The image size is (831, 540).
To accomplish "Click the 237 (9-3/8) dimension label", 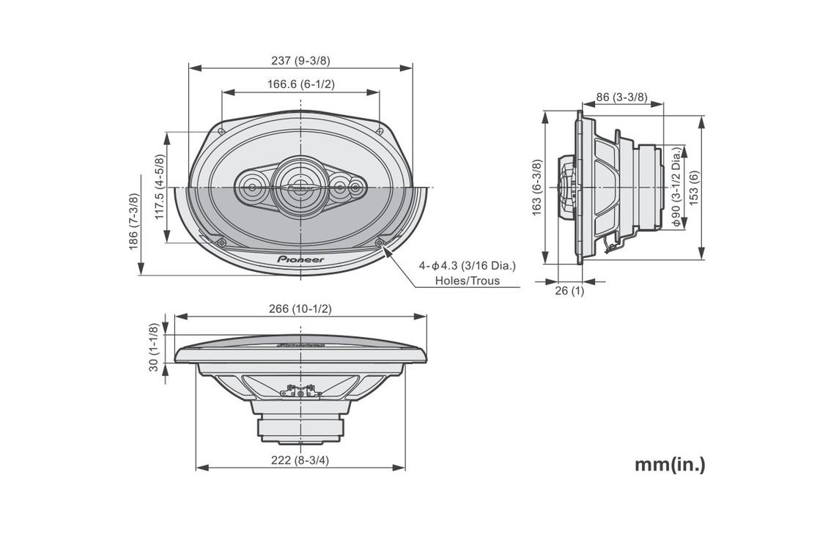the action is pos(300,60).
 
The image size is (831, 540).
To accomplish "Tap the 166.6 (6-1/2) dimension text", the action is pos(300,84).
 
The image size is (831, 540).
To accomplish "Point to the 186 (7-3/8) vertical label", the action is pos(133,221).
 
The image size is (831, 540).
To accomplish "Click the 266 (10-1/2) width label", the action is pos(300,308).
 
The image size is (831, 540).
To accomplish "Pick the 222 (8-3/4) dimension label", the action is pos(300,460).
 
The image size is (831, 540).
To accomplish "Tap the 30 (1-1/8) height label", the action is pos(154,347).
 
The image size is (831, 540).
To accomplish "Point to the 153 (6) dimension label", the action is pos(694,188).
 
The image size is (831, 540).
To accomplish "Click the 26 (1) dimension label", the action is pos(569,290).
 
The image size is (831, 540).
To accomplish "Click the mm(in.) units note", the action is pos(671,465).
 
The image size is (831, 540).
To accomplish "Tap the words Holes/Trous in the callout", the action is pos(468,281).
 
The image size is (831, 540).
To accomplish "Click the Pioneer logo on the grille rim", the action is pos(300,259).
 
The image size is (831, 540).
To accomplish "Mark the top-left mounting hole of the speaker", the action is pos(221,131).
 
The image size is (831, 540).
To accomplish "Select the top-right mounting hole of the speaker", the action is pos(380,131).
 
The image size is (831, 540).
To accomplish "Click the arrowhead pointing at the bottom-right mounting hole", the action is pos(387,251).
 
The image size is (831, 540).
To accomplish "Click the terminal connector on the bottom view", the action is pos(300,392).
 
